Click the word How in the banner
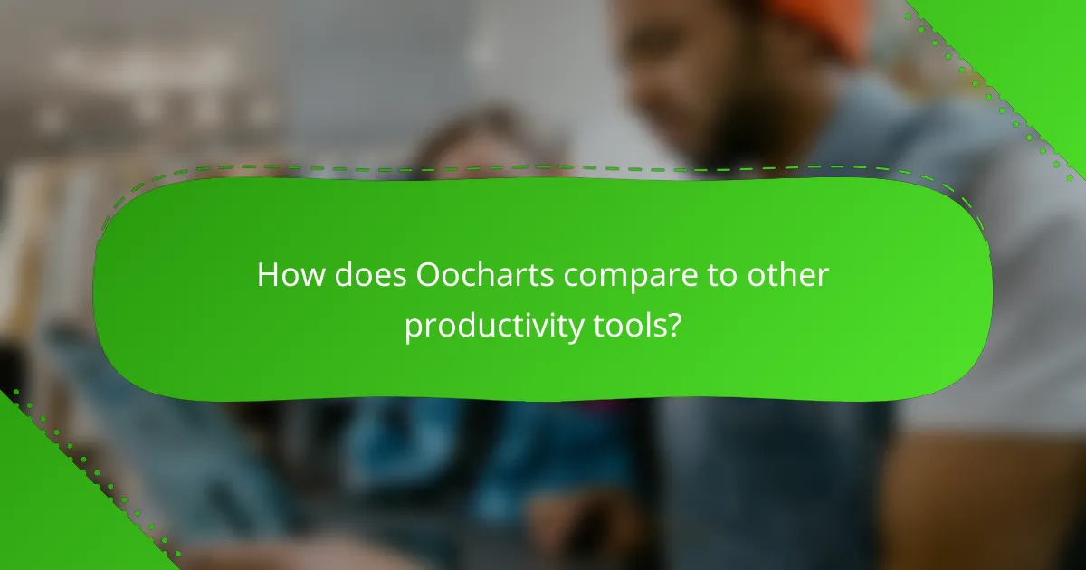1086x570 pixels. point(285,276)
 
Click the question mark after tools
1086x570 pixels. point(673,326)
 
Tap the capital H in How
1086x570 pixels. point(267,276)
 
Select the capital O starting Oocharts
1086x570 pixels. point(429,276)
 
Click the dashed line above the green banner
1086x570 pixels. point(543,167)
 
